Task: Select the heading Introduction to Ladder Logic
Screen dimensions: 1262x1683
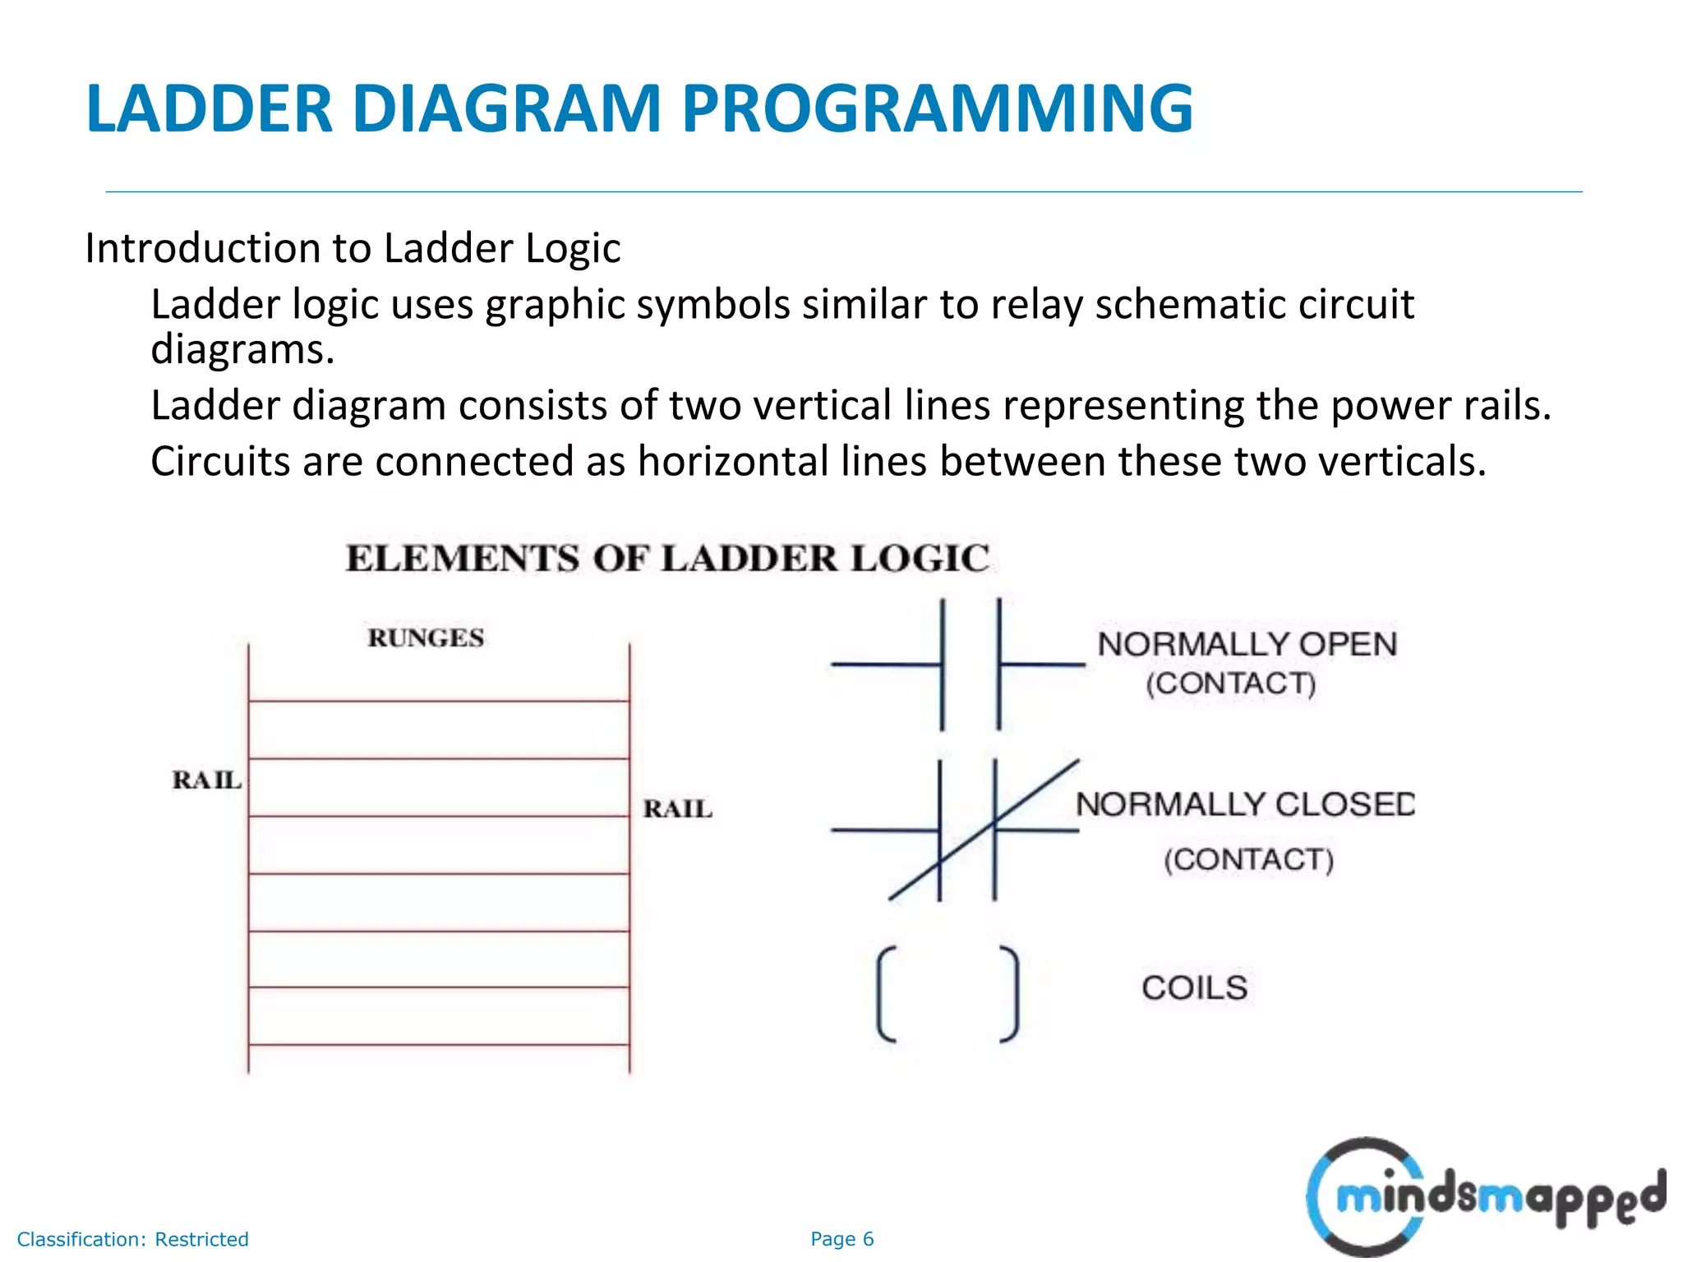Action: pos(353,248)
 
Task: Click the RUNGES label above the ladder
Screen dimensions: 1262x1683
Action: pos(426,638)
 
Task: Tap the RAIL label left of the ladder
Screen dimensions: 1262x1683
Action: pos(206,780)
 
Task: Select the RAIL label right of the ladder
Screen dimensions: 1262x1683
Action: pos(677,809)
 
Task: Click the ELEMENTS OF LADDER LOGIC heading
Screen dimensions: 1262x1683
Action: pos(667,559)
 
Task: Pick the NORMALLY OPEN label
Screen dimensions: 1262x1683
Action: pos(1247,645)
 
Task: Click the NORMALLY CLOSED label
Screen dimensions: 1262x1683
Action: pos(1244,804)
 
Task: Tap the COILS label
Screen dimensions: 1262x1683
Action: pos(1194,988)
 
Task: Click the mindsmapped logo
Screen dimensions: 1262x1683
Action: pos(1483,1196)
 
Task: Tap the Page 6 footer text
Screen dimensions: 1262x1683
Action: pos(841,1239)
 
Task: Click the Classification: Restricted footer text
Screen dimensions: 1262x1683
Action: pos(132,1239)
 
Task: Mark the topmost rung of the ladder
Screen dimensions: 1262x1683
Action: pos(439,701)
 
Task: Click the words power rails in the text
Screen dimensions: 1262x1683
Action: pos(1440,406)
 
